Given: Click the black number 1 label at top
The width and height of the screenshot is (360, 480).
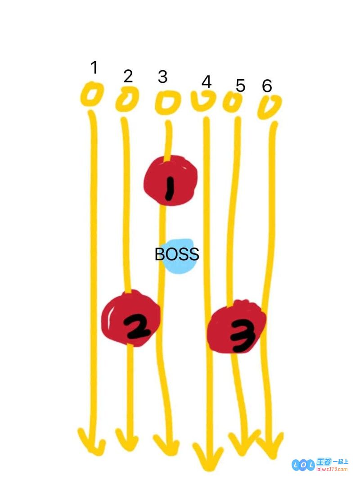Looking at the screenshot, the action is point(94,68).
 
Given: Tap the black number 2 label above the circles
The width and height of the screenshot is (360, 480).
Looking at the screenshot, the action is point(128,76).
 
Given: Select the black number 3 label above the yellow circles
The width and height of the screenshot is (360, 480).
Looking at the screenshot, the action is point(162,77).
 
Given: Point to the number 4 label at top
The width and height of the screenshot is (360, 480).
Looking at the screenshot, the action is point(207,82).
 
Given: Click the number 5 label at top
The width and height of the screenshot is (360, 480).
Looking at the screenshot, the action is point(240,86).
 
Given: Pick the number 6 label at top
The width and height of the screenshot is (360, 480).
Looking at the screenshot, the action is point(267,86).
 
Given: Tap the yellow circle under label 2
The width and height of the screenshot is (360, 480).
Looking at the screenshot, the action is point(127,99).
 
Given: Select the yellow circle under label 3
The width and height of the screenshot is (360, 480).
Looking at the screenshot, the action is point(166,102).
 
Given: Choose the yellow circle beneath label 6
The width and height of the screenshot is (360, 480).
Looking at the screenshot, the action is point(269,107).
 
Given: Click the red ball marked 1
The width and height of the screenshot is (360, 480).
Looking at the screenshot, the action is point(171,180).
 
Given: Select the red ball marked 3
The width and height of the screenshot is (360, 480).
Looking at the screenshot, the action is point(236,326).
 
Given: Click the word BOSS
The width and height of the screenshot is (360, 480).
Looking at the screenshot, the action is point(177,254).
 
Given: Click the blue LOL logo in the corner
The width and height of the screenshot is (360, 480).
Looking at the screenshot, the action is point(303,465).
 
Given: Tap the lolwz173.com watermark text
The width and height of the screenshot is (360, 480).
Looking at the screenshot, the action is point(332,469).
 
